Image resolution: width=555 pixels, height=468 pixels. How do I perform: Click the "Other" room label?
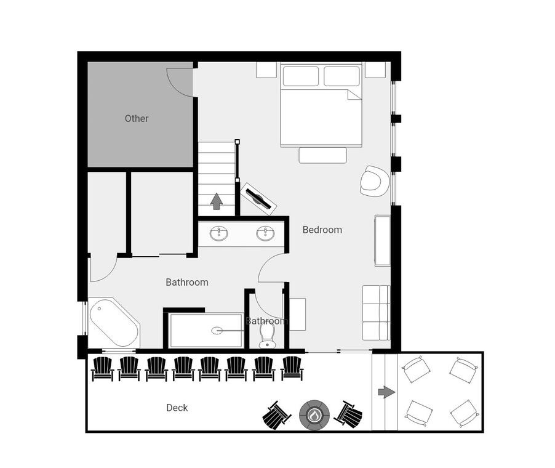(x=136, y=118)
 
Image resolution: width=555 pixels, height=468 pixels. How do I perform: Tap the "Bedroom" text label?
(x=322, y=230)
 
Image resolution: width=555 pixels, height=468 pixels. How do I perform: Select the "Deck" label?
(x=177, y=408)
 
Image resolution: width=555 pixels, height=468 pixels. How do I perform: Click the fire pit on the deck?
(x=314, y=415)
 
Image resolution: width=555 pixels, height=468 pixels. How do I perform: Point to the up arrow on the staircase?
(x=217, y=201)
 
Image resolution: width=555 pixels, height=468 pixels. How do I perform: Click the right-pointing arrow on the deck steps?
(x=386, y=392)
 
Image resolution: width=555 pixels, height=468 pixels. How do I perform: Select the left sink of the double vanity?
(x=219, y=233)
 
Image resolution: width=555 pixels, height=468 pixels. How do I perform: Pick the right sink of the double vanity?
(x=265, y=233)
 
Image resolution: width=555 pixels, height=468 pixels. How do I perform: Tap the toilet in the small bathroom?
(x=267, y=336)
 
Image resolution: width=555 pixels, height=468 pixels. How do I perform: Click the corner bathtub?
(x=114, y=323)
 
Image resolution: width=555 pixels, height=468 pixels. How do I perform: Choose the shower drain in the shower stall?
(x=217, y=331)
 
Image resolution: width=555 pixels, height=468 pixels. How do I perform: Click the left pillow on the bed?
(x=301, y=76)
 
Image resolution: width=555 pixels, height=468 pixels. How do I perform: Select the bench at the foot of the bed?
(x=323, y=155)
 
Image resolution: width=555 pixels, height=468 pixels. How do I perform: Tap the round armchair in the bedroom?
(x=370, y=181)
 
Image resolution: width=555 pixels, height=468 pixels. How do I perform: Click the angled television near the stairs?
(x=258, y=198)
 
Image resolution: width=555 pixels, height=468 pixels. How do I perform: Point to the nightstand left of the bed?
(x=266, y=70)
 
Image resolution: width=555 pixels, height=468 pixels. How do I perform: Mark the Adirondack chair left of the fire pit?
(x=276, y=415)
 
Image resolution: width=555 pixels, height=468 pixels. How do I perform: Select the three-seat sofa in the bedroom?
(x=376, y=313)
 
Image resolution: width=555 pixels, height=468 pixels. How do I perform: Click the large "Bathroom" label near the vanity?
(x=187, y=283)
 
